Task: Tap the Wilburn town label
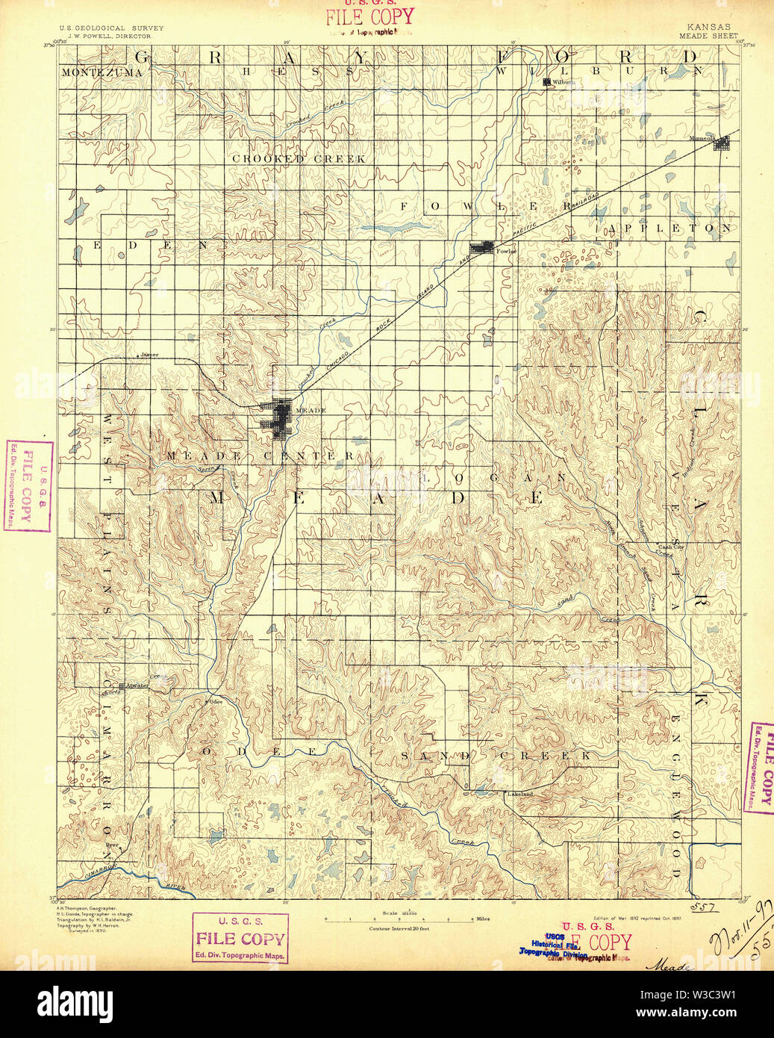coord(564,82)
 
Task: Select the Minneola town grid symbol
coord(721,143)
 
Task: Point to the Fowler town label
coord(506,251)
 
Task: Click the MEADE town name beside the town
coord(311,411)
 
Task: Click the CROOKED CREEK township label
coord(299,159)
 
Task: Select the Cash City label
coord(671,547)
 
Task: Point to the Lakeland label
coord(520,794)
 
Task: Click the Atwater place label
coord(137,685)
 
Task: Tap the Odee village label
coord(216,701)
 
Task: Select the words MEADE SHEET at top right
coord(708,36)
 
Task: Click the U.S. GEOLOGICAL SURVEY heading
coord(111,28)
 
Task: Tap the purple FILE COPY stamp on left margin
coord(28,485)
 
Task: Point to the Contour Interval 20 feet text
coord(399,928)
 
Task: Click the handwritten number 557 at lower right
coord(703,907)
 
